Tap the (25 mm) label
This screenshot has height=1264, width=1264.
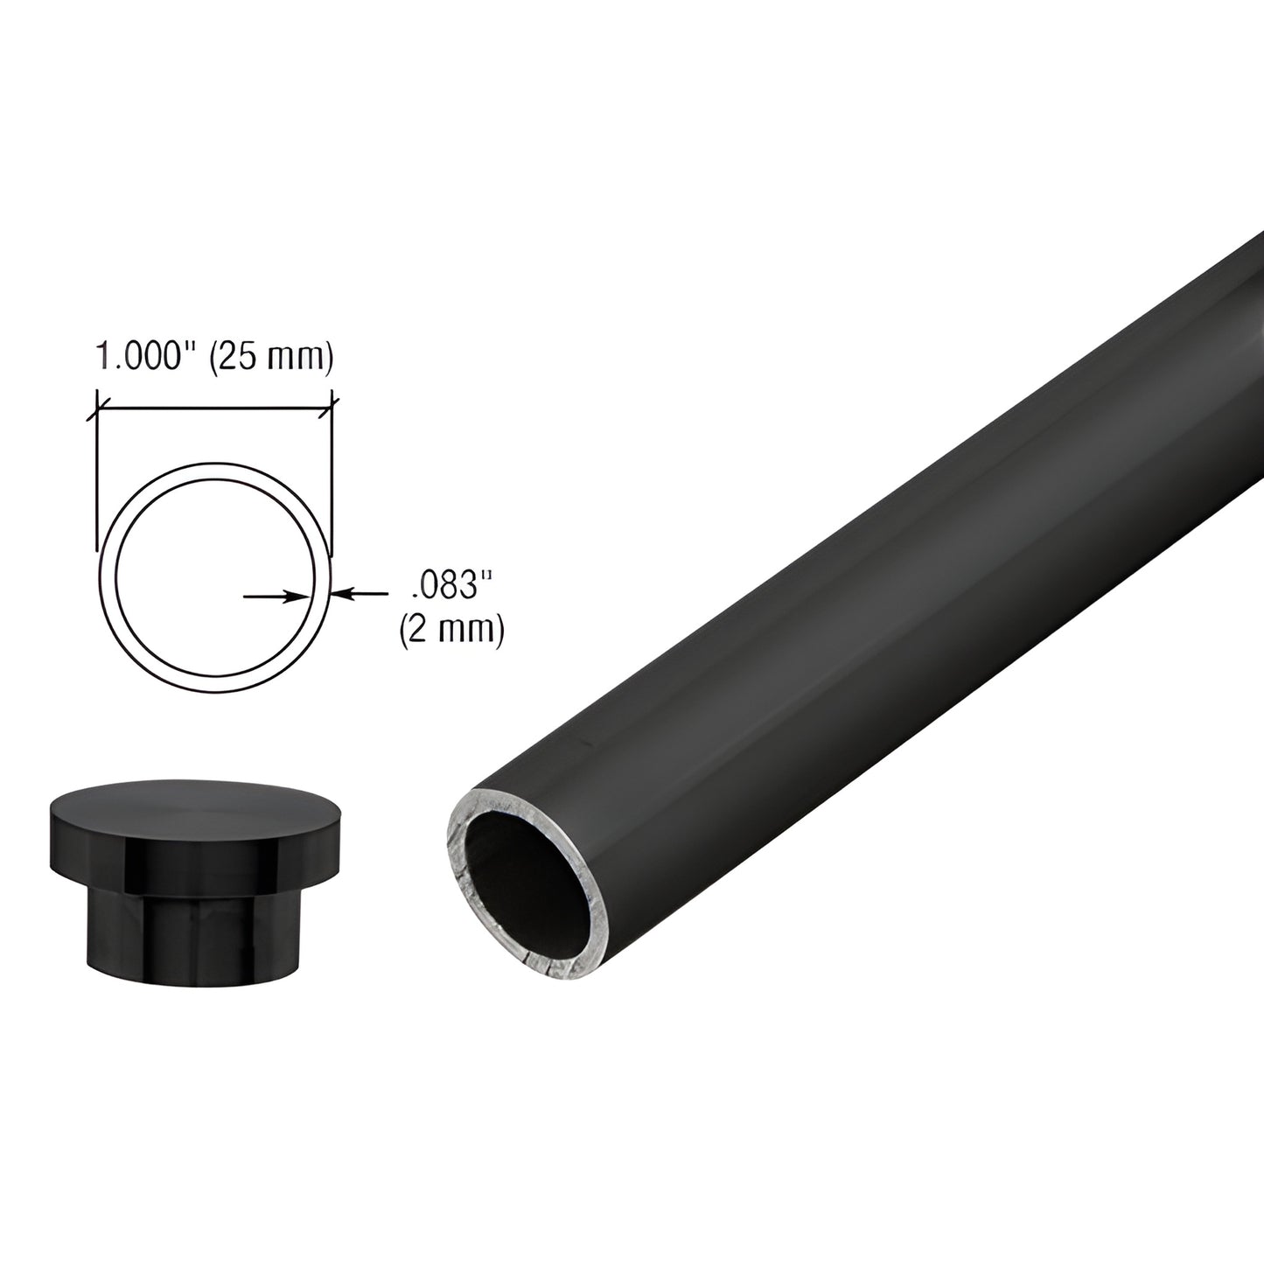tap(270, 359)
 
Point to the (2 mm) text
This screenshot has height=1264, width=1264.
tap(450, 630)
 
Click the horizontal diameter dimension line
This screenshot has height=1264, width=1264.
tap(214, 407)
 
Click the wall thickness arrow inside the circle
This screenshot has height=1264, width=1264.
tap(276, 596)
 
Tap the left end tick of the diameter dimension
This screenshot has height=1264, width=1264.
tap(95, 407)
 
